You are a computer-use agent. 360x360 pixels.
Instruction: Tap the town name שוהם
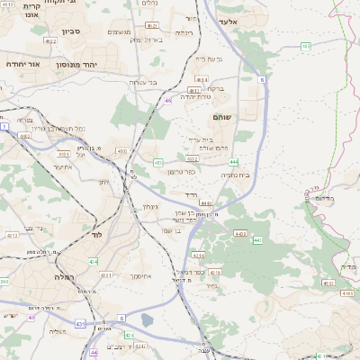pyautogui.click(x=223, y=117)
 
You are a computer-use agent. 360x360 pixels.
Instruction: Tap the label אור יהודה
pyautogui.click(x=19, y=65)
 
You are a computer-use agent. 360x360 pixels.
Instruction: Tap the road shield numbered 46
pyautogui.click(x=168, y=101)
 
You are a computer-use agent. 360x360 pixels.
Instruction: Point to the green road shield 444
pyautogui.click(x=234, y=162)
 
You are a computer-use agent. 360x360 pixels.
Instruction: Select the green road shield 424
pyautogui.click(x=130, y=336)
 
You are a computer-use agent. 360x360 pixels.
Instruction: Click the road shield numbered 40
pyautogui.click(x=31, y=317)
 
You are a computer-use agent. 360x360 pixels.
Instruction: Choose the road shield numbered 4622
pyautogui.click(x=51, y=41)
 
